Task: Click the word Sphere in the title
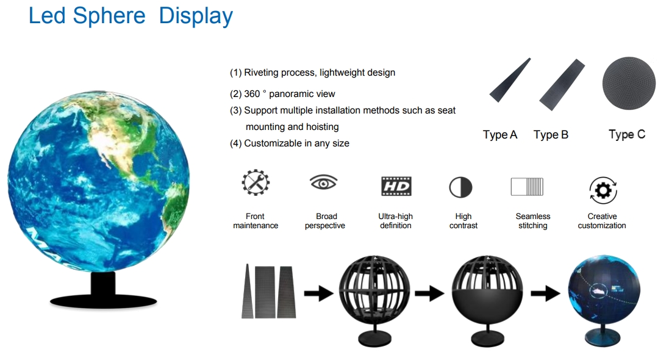pos(109,16)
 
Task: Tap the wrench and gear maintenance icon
pos(256,183)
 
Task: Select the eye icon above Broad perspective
pos(323,183)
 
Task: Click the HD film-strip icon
pos(396,186)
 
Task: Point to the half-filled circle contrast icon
pos(461,187)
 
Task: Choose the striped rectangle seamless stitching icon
pos(527,187)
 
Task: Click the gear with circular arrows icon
pos(603,190)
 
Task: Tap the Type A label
pos(500,135)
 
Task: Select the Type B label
pos(551,135)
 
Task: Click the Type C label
pos(627,134)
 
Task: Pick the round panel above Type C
pos(629,83)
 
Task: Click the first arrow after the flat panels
pos(319,293)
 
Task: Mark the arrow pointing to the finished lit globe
pos(545,293)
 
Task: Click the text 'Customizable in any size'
pos(296,143)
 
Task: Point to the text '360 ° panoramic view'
pos(289,94)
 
